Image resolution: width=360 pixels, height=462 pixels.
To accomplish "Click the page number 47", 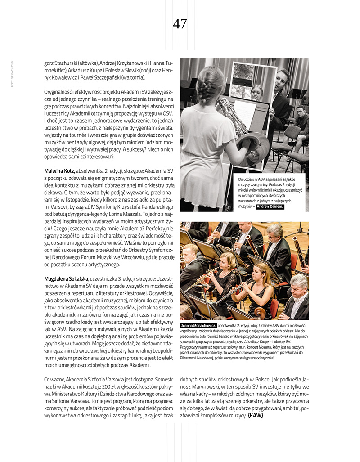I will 180,24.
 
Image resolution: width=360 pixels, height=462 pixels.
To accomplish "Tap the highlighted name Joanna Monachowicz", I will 198,325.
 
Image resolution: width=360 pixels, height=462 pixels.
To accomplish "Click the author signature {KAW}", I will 255,415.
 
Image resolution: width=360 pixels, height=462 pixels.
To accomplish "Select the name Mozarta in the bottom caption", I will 261,347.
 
